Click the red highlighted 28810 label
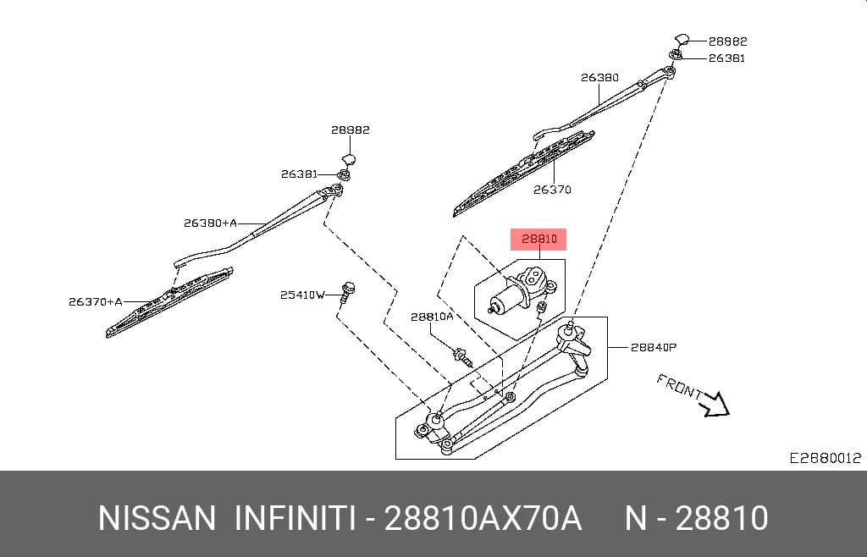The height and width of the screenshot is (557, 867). pos(538,240)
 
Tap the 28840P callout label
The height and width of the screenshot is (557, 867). pos(654,348)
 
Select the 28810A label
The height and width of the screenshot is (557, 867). pos(431,317)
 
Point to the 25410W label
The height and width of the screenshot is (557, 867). pos(302,295)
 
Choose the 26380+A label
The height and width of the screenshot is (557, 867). pos(210,223)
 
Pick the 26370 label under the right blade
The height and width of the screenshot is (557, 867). pos(552,190)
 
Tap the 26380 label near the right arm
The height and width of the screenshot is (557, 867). pos(599,78)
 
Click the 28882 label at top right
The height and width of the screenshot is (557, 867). pos(727,41)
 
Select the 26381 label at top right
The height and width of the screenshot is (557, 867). pos(727,58)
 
